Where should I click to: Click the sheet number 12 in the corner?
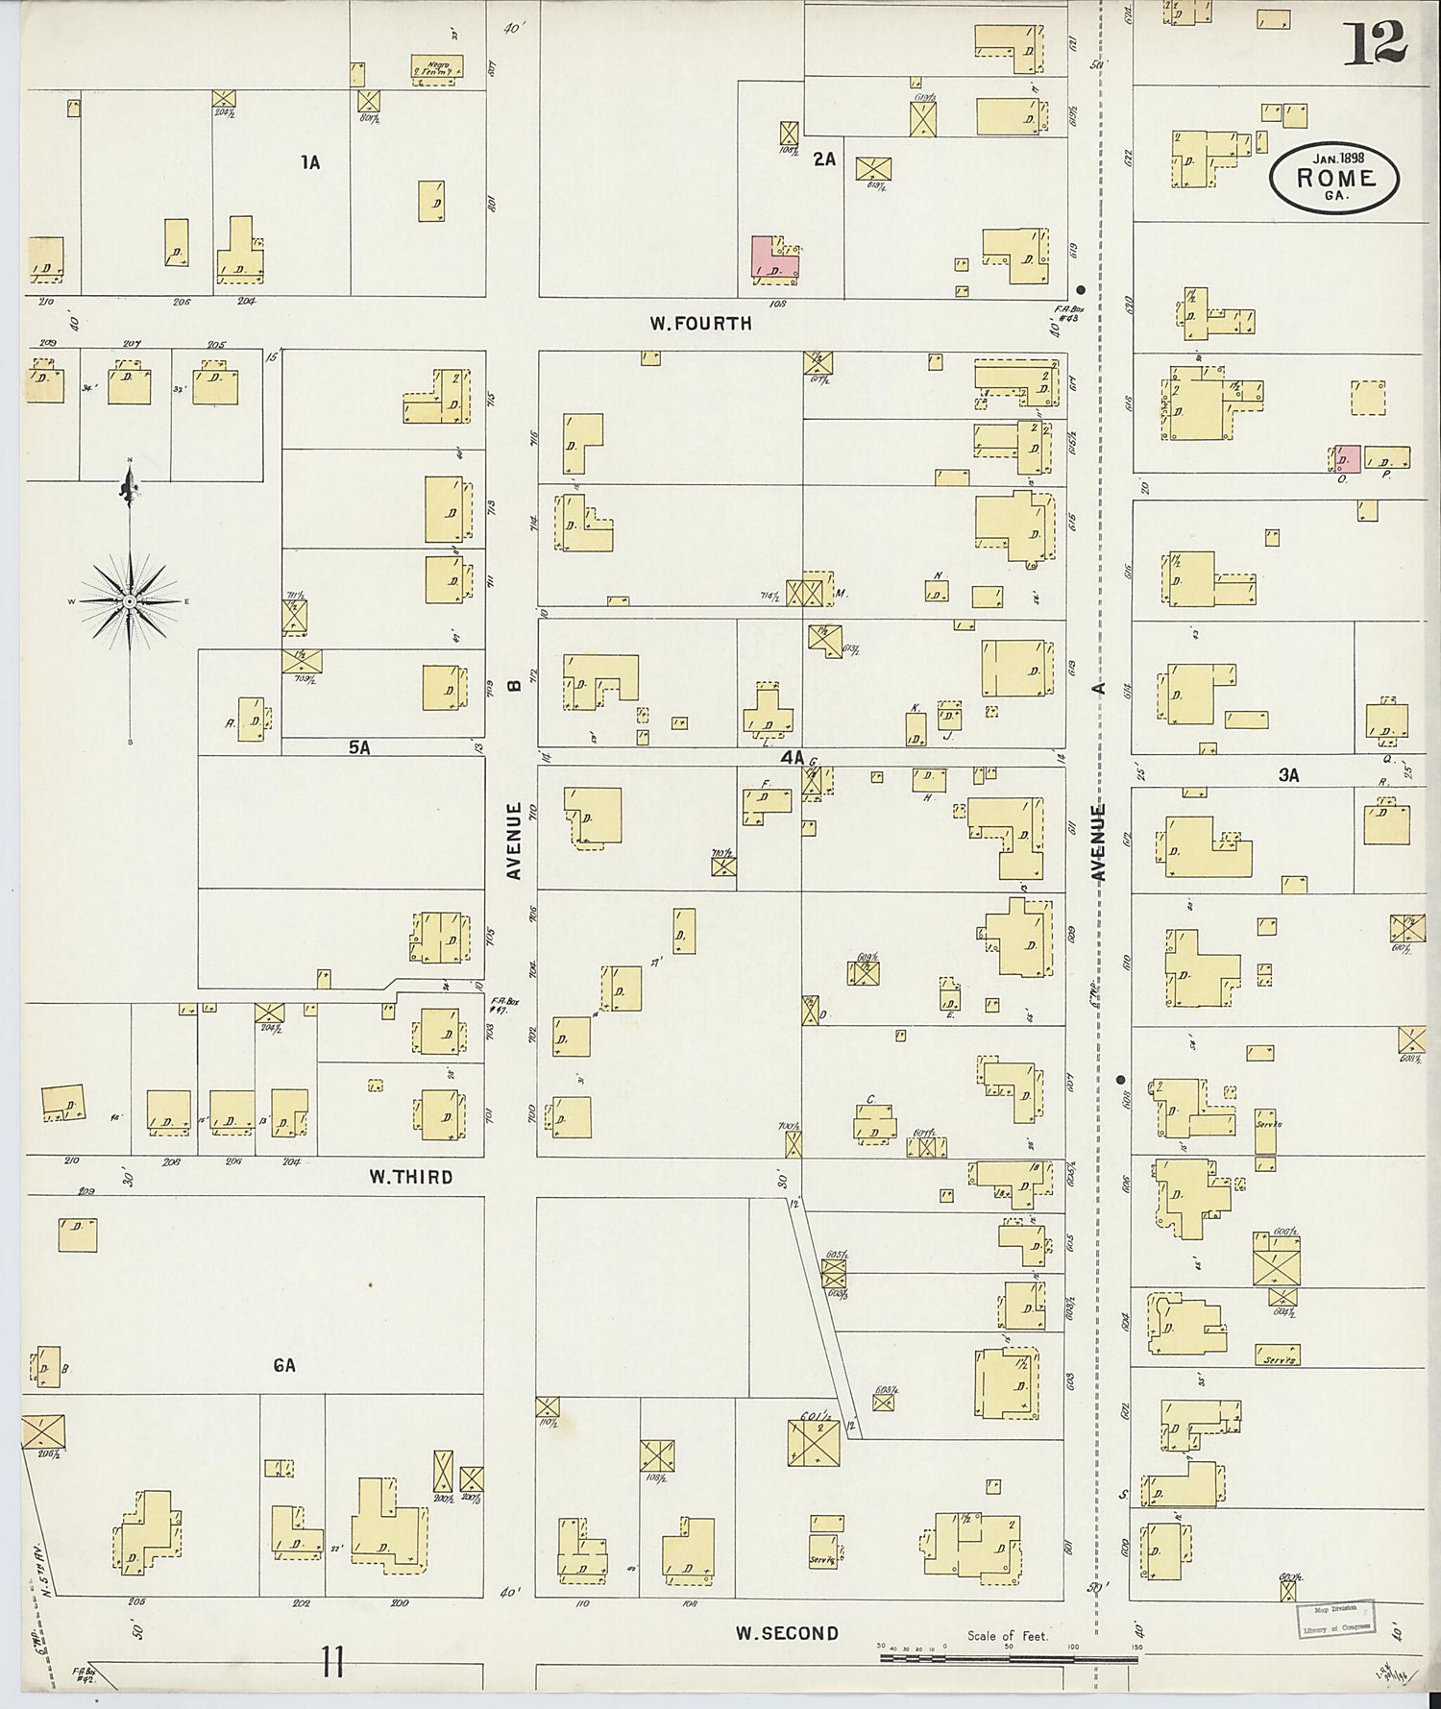click(x=1375, y=42)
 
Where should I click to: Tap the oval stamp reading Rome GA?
click(x=1334, y=175)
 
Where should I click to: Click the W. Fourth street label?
click(x=700, y=324)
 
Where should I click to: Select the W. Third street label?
click(x=410, y=1177)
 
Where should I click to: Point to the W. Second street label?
click(x=787, y=1632)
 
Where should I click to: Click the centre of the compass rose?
click(x=129, y=601)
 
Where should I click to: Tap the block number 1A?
click(x=309, y=163)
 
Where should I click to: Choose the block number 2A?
click(x=824, y=159)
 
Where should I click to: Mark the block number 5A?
click(x=358, y=746)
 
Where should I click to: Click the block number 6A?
click(x=283, y=1364)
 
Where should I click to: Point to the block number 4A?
click(x=791, y=758)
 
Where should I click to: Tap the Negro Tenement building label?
click(x=437, y=67)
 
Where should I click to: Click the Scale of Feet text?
click(x=1008, y=1635)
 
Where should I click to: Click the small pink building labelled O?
click(x=1347, y=457)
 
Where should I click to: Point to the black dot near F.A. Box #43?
click(x=1081, y=289)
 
